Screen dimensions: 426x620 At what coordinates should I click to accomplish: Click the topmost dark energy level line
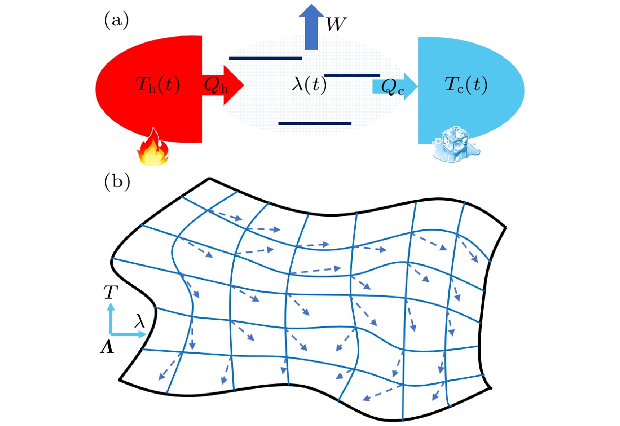click(x=266, y=58)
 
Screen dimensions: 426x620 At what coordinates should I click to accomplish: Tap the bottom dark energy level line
click(x=315, y=123)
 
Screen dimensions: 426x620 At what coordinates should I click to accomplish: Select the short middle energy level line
click(x=352, y=75)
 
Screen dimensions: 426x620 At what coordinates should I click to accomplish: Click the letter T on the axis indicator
click(x=111, y=293)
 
